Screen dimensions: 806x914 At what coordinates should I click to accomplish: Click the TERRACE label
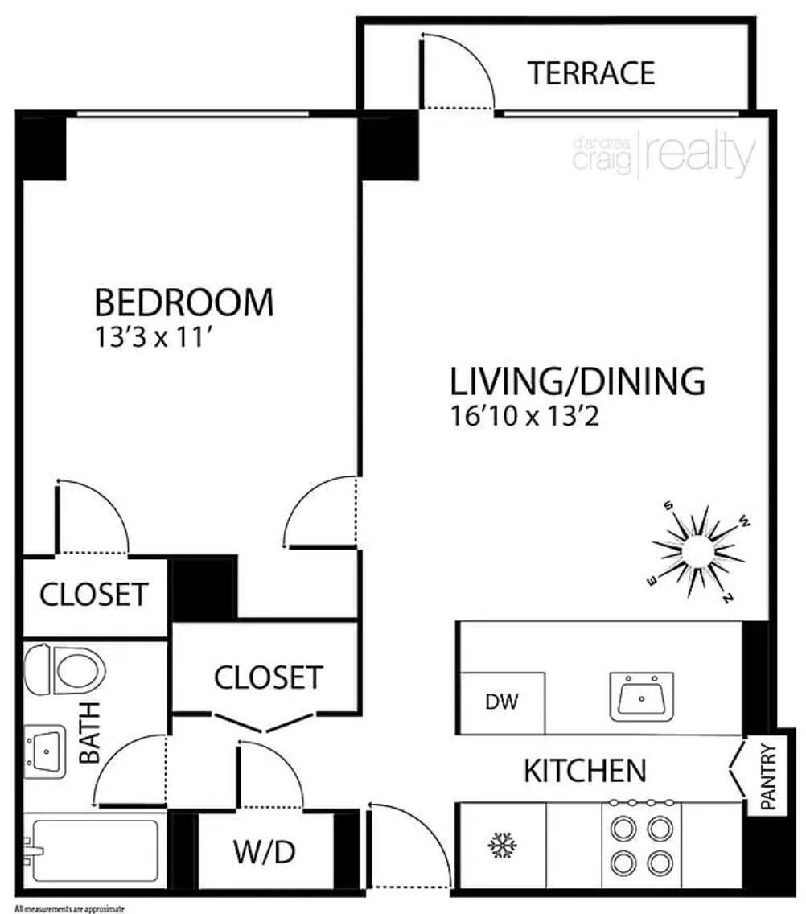click(591, 73)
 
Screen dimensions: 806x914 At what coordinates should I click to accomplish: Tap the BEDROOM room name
click(183, 303)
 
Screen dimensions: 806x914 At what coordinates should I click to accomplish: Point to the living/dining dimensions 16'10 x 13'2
click(524, 416)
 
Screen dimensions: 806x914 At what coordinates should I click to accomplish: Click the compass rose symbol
click(698, 551)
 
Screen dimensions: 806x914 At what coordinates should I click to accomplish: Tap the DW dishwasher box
click(503, 702)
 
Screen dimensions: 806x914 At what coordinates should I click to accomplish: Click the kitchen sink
click(642, 697)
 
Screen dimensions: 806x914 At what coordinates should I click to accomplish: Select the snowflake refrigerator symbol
click(503, 846)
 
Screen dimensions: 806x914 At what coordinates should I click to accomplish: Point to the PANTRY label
click(768, 776)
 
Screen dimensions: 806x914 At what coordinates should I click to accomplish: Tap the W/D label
click(265, 852)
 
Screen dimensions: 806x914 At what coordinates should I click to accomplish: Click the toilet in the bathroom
click(64, 669)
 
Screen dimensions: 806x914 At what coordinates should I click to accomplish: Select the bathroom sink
click(44, 751)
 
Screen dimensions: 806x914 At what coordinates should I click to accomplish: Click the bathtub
click(93, 850)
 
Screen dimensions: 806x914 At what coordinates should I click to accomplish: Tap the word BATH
click(90, 733)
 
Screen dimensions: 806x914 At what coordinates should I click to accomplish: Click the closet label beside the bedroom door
click(94, 595)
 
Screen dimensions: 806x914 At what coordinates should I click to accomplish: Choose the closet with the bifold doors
click(268, 677)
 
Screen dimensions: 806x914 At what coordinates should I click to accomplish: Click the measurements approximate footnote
click(70, 908)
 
